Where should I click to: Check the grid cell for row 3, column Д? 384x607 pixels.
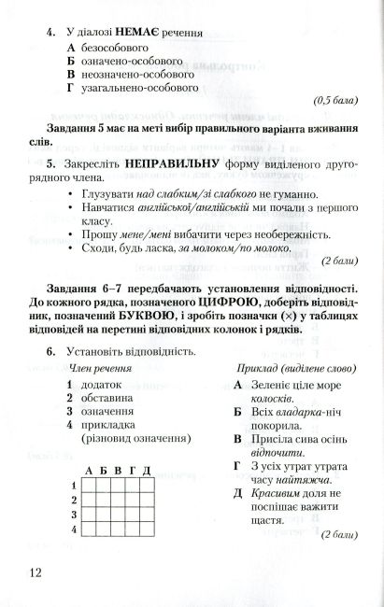(146, 515)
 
